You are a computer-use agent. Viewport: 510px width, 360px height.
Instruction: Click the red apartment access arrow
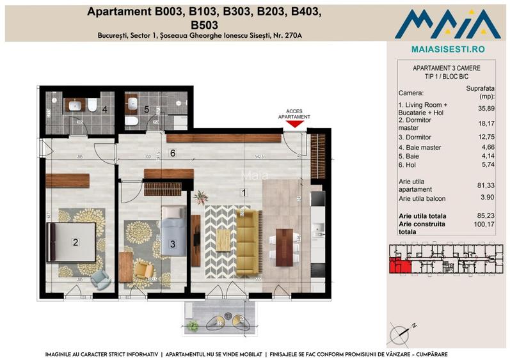(294, 125)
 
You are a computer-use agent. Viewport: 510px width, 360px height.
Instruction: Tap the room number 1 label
(244, 191)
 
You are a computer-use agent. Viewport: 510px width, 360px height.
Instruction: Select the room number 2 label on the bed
(76, 242)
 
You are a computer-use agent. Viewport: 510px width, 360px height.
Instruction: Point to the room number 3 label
(172, 244)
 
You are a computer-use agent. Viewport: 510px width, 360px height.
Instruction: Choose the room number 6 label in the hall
(173, 153)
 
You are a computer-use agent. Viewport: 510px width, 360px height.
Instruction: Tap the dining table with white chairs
(281, 246)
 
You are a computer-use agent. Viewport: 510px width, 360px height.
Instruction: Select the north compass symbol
(404, 331)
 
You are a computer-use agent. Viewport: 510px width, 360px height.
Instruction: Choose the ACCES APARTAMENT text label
(294, 114)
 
